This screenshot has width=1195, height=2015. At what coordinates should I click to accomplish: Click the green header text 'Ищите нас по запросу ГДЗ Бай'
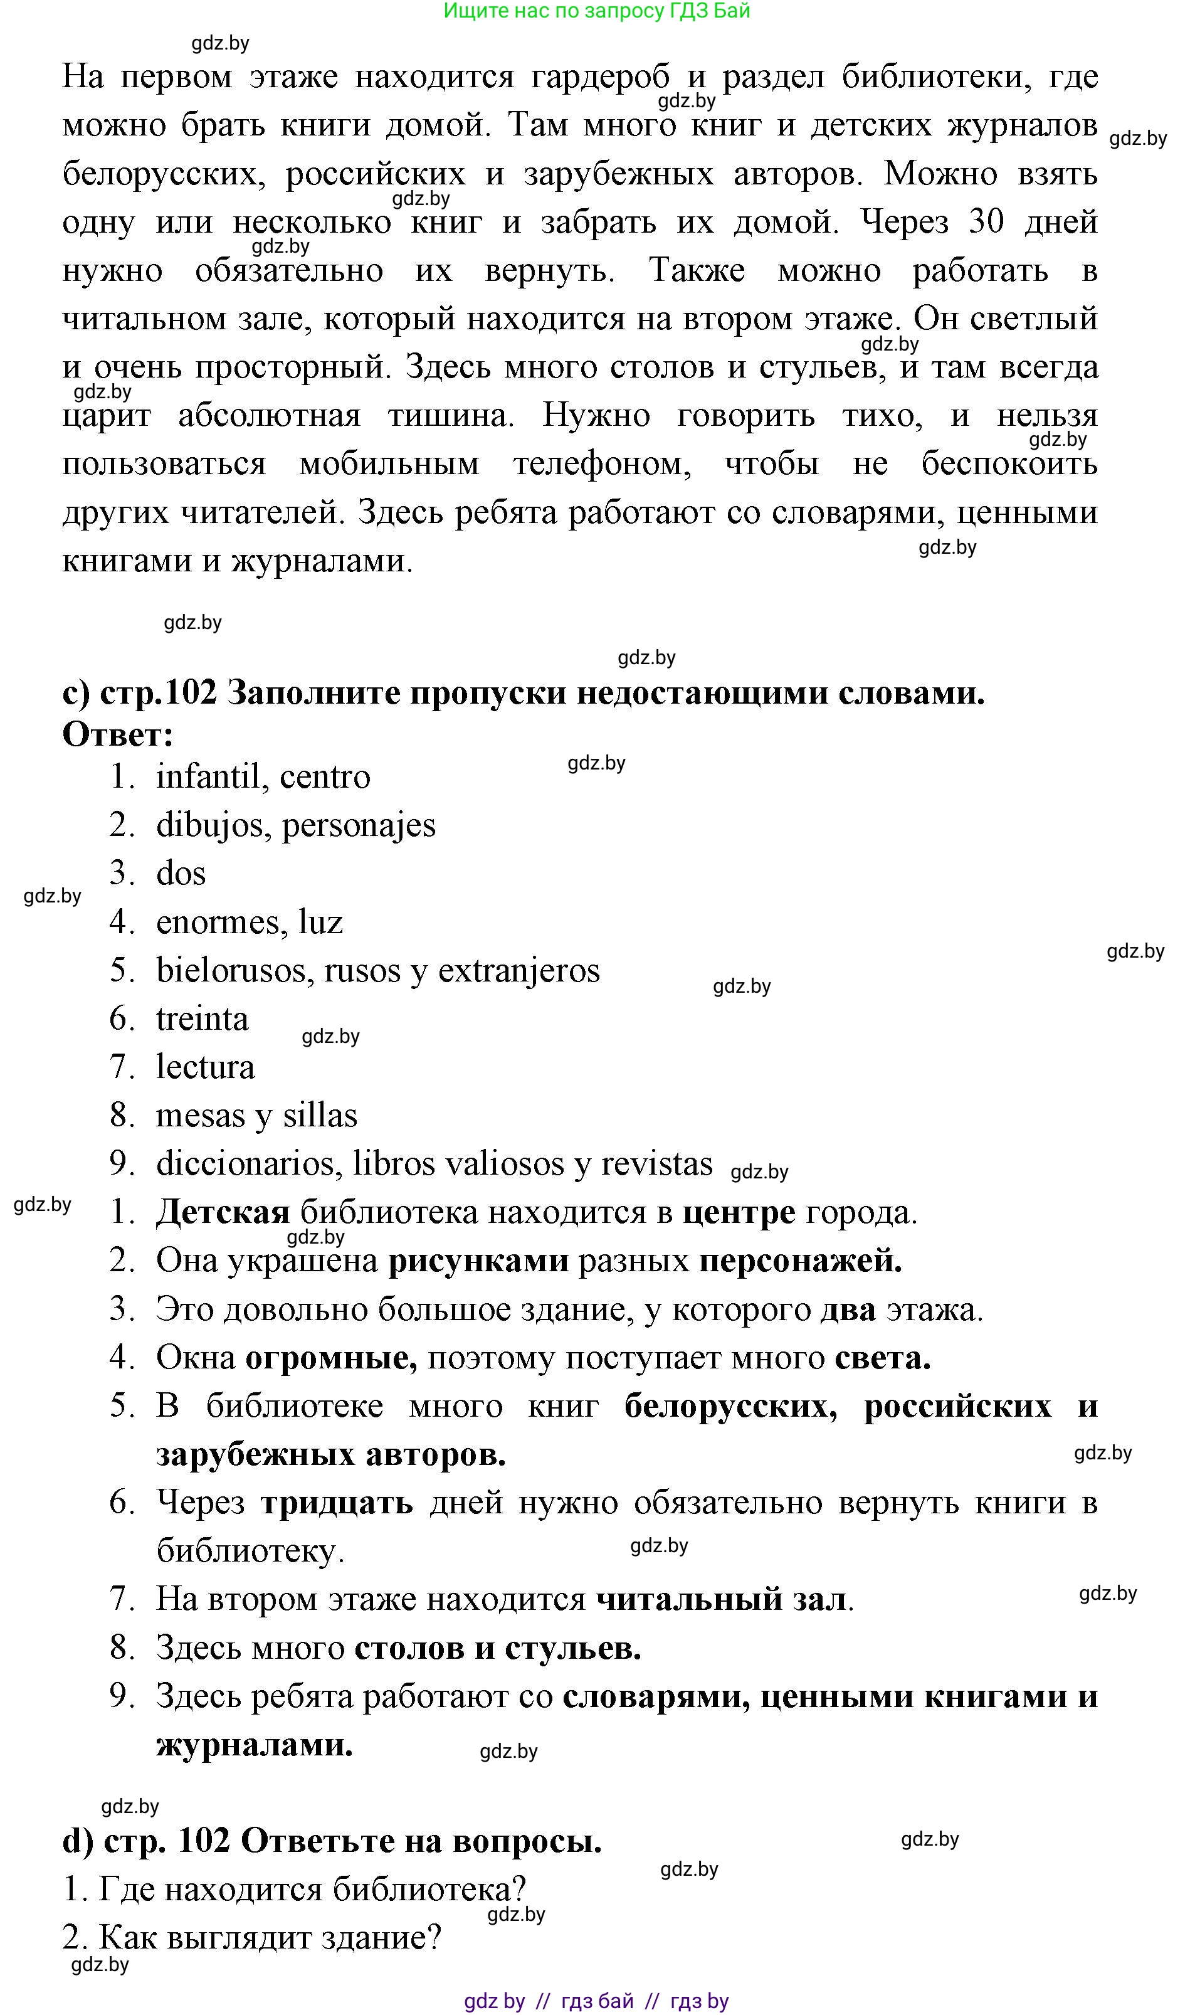click(x=597, y=11)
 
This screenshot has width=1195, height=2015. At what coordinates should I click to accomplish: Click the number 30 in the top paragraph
click(x=986, y=221)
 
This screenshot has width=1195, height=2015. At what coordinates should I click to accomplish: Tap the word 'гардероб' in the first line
click(x=600, y=77)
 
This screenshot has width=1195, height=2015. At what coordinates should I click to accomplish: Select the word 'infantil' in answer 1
click(x=206, y=777)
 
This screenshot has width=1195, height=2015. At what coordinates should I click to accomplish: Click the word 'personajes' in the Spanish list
click(x=359, y=825)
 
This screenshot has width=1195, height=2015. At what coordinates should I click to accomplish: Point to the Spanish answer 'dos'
click(x=181, y=874)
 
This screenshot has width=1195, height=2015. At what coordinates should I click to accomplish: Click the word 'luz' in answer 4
click(x=320, y=922)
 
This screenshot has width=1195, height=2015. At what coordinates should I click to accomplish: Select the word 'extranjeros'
click(x=519, y=970)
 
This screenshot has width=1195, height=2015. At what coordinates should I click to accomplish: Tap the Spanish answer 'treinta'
click(x=202, y=1018)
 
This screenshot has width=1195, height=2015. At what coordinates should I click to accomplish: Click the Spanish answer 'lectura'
click(x=206, y=1067)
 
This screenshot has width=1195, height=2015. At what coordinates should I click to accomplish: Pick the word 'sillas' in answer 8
click(x=320, y=1116)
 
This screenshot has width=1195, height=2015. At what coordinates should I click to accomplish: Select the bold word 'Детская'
click(x=222, y=1212)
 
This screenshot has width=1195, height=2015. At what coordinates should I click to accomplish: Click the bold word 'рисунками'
click(x=478, y=1261)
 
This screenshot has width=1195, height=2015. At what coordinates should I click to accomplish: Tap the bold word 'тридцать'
click(x=337, y=1503)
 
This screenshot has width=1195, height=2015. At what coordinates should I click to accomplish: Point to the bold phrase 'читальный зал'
click(x=722, y=1599)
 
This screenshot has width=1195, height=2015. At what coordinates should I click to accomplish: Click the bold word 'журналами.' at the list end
click(x=255, y=1745)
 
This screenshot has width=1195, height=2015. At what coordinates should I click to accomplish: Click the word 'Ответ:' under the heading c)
click(x=118, y=734)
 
